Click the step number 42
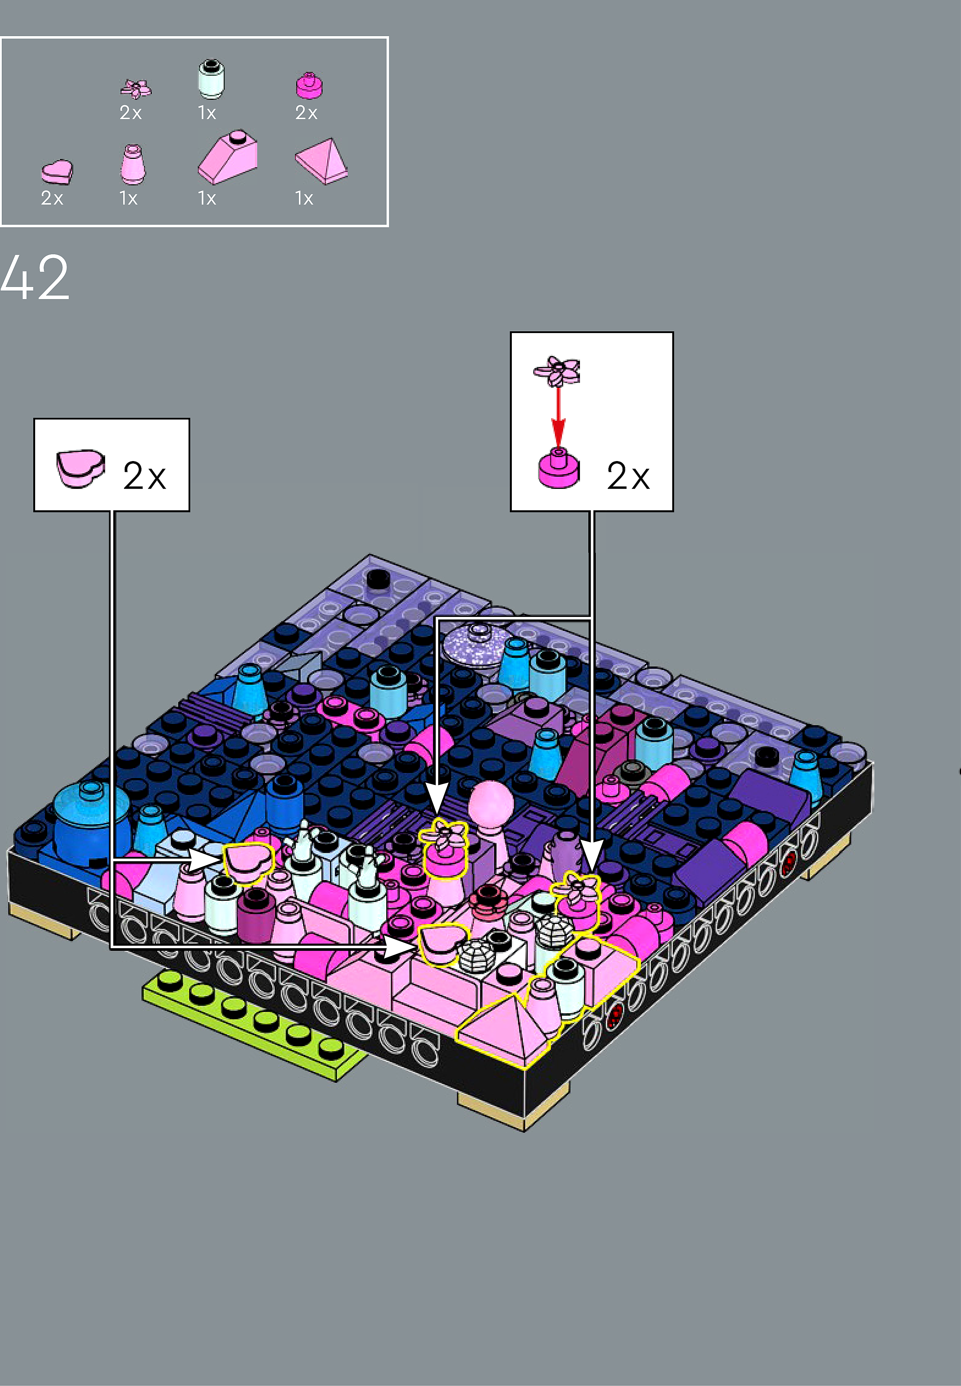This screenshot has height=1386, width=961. pos(35,277)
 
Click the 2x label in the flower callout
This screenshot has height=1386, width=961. pos(628,476)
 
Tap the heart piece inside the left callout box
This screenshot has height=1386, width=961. pos(80,468)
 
